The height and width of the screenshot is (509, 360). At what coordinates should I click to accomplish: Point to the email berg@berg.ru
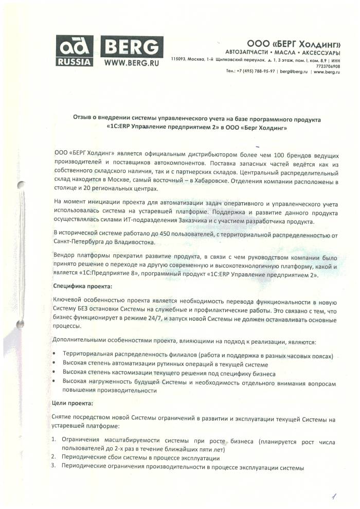(x=291, y=72)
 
